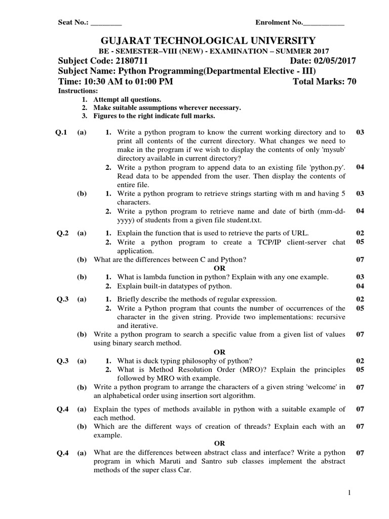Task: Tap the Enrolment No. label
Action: coord(279,23)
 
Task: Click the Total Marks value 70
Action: coord(352,82)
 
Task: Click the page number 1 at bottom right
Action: coord(356,493)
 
